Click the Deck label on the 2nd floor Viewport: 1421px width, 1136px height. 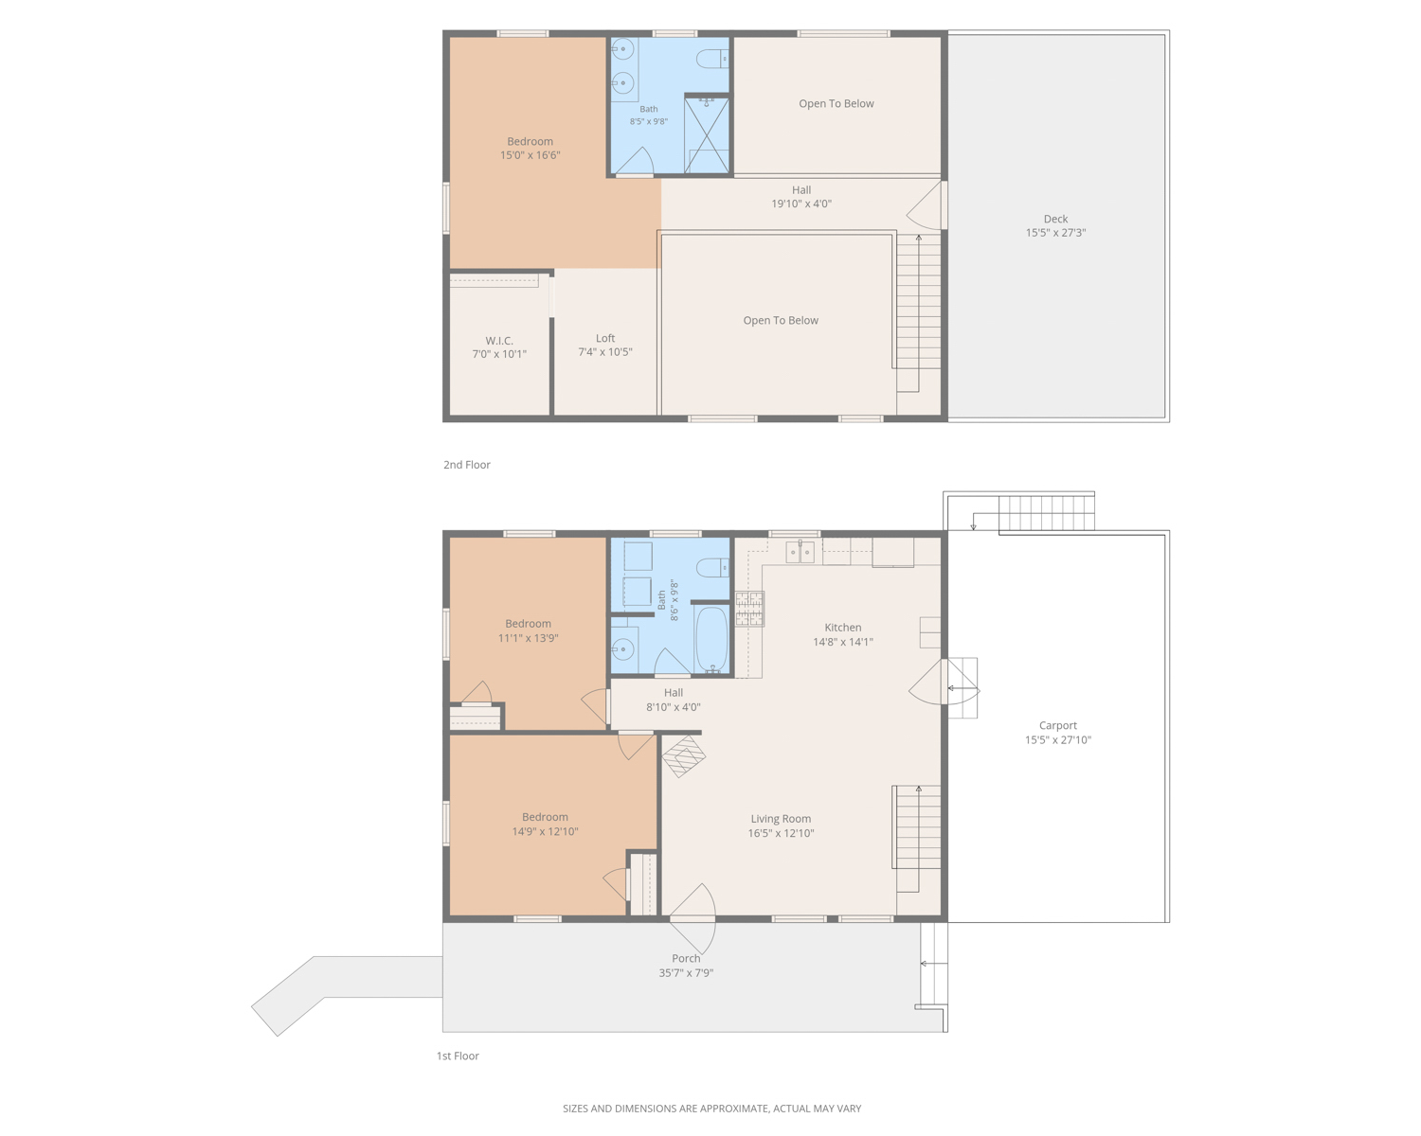tap(1055, 219)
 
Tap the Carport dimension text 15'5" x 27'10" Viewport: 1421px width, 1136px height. tap(1058, 740)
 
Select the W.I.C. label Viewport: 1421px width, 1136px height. tap(499, 341)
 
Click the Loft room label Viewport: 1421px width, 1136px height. tap(604, 338)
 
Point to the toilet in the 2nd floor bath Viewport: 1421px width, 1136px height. tap(712, 59)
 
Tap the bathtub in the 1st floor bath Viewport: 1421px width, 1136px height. tap(711, 638)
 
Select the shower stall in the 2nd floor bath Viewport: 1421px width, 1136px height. tap(707, 134)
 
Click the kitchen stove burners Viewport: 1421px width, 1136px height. tap(749, 609)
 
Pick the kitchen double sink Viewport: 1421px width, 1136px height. tap(800, 552)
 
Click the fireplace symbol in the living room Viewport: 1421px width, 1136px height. tap(683, 755)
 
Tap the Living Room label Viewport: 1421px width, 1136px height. tap(781, 819)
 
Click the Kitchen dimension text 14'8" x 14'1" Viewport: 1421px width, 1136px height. tap(842, 642)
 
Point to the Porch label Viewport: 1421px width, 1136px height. tap(686, 958)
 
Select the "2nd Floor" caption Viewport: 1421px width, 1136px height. tap(467, 465)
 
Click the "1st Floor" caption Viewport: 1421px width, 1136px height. tap(458, 1056)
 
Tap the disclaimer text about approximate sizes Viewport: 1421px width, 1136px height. tap(711, 1109)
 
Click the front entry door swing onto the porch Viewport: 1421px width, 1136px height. tap(693, 917)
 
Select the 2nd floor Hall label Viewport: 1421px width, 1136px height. tap(800, 190)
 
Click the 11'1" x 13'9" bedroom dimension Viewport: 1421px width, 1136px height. tap(529, 638)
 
